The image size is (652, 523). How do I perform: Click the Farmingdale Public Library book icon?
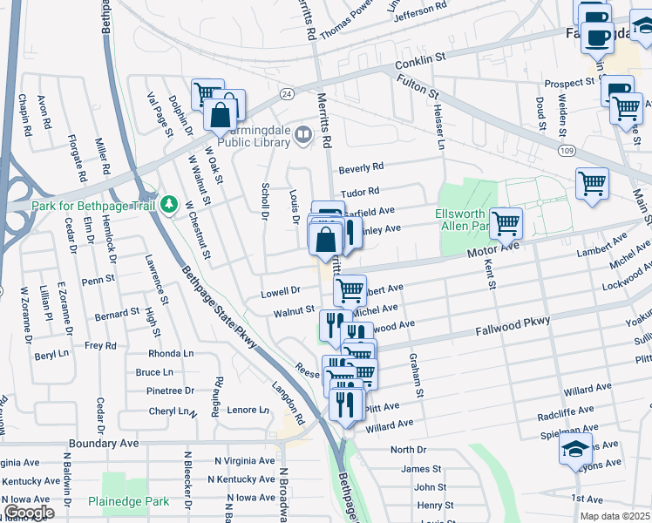302,134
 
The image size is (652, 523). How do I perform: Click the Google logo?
29,513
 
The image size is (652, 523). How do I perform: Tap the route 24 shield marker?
286,92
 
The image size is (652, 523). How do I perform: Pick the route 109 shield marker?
567,151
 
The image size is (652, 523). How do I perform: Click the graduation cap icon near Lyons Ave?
575,448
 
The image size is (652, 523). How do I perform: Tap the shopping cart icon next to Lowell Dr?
350,289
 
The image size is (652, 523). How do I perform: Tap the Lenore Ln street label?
248,410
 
